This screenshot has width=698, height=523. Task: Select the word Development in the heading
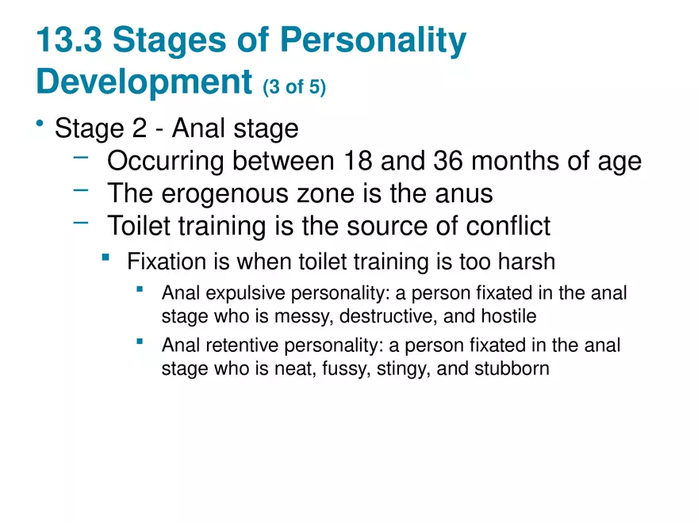[144, 81]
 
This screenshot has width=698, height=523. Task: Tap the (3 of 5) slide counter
[294, 86]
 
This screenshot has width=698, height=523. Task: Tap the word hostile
[510, 317]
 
